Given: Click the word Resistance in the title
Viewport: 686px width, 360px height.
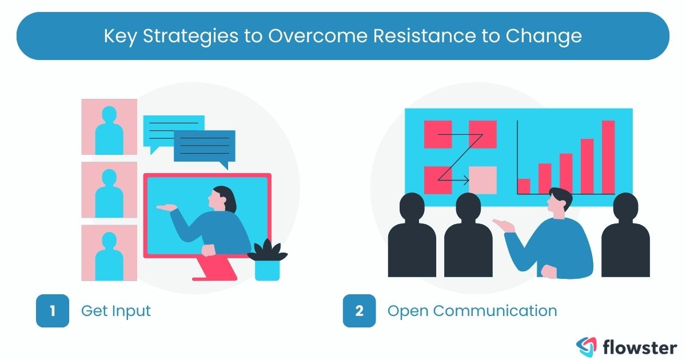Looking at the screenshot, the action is coord(424,36).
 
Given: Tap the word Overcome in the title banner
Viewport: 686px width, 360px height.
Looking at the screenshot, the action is coord(318,36).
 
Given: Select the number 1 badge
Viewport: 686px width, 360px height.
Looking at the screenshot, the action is coord(53,310).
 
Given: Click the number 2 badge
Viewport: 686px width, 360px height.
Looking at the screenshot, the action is coord(359,310).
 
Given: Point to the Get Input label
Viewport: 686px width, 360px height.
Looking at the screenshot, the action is coord(115,311).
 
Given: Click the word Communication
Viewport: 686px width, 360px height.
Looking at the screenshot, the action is coord(495,311).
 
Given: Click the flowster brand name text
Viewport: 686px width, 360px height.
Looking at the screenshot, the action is coord(640,347).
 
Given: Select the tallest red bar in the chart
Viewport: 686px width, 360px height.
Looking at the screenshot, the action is coord(608,157).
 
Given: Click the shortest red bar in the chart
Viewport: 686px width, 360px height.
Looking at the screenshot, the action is coord(524,186).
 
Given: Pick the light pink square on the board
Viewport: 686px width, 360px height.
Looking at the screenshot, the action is coord(483,180).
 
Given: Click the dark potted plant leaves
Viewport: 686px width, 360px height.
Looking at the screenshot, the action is coord(268,250).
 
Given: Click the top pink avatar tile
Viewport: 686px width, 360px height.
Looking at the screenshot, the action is coord(109,127).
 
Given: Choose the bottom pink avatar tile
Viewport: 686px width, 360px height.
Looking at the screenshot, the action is coord(109,253).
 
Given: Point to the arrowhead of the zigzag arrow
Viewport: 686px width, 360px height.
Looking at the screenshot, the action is coord(466,180).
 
